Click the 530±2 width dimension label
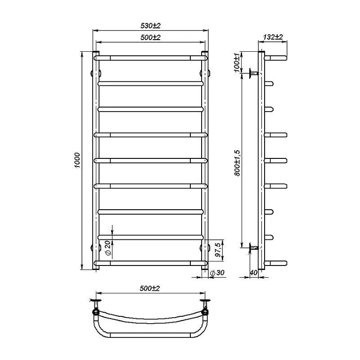click(150, 26)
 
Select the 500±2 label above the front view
click(150, 37)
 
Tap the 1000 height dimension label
click(77, 160)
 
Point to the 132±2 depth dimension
click(273, 37)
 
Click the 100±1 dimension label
click(237, 63)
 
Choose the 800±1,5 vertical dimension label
click(237, 163)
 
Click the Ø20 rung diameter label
click(108, 248)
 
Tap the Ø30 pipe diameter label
click(217, 273)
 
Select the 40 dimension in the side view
click(253, 273)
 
